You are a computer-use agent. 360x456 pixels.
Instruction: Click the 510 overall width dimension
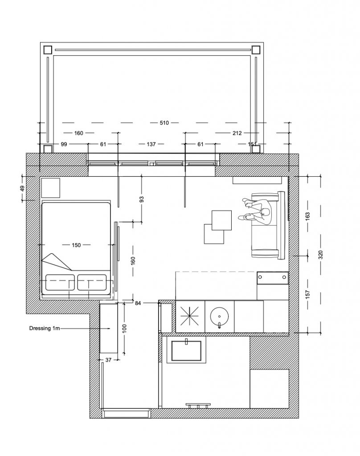click(x=164, y=123)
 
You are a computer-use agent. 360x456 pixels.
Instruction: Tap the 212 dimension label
click(x=237, y=133)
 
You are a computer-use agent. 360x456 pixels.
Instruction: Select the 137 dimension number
click(x=151, y=144)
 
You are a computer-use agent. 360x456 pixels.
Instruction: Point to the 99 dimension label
click(x=64, y=144)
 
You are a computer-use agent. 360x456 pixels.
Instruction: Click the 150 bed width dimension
click(x=76, y=245)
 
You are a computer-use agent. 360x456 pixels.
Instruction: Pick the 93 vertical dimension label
click(x=142, y=199)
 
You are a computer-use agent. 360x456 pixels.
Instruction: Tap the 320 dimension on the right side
click(x=321, y=255)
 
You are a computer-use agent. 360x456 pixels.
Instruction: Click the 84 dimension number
click(x=138, y=303)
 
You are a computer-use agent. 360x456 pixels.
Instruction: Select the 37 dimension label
click(x=108, y=360)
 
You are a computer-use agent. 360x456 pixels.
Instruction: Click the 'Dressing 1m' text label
click(x=45, y=328)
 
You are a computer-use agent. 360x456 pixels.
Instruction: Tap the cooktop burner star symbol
click(x=190, y=316)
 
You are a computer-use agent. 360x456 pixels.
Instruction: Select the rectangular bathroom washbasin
click(x=186, y=350)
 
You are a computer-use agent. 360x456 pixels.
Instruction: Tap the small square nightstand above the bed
click(x=51, y=188)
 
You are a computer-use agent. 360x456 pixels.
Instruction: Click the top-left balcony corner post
click(x=47, y=50)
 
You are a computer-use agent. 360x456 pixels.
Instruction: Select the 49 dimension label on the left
click(x=22, y=188)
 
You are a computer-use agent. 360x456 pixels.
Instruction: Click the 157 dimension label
click(x=308, y=294)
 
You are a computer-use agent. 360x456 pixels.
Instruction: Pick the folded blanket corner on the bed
click(x=57, y=261)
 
